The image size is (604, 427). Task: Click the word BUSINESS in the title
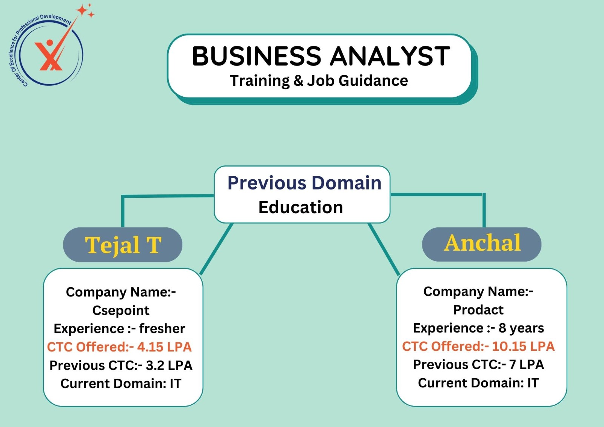[x=256, y=56]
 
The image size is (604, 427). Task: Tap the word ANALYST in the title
[x=390, y=56]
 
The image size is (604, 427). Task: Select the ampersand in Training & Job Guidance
[x=298, y=80]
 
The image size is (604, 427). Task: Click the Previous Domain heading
[x=304, y=183]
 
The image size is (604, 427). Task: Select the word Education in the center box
[x=300, y=207]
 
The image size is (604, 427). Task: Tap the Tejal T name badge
[x=123, y=245]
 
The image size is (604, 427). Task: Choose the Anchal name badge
[x=482, y=244]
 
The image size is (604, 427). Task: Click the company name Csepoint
[x=121, y=310]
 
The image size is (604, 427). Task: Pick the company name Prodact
[x=478, y=310]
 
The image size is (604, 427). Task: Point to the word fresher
[x=162, y=328]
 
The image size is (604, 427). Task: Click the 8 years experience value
[x=521, y=328]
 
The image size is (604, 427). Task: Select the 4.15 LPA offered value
[x=165, y=347]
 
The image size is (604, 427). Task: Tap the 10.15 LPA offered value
[x=523, y=346]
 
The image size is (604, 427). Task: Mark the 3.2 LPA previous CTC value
[x=169, y=365]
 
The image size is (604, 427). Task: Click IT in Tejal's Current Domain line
[x=176, y=384]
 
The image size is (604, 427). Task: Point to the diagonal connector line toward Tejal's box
[x=216, y=249]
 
